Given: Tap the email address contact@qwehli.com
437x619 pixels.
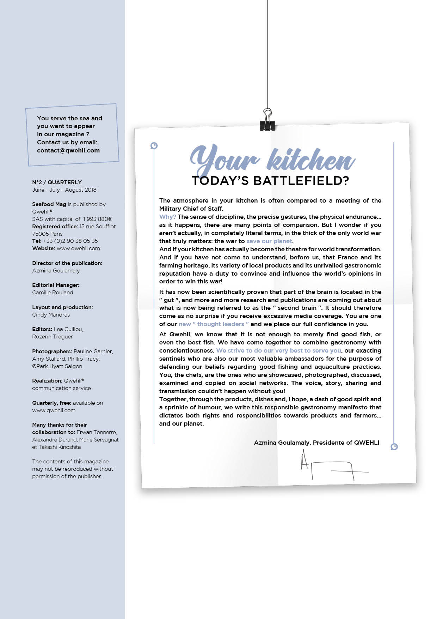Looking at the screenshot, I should (68, 150).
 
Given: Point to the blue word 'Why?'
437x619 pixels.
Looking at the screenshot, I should (167, 217).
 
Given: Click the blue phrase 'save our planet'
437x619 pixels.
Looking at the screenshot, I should (269, 241).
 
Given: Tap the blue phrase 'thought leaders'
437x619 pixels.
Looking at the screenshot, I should (221, 324).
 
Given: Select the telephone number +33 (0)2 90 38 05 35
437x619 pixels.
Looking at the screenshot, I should (70, 241).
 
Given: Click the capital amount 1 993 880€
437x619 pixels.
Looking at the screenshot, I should (98, 219).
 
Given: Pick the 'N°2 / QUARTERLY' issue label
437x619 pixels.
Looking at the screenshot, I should (57, 182).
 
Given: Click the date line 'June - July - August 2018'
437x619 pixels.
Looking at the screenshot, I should (64, 190).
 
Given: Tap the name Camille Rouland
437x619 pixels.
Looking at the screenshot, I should (53, 292).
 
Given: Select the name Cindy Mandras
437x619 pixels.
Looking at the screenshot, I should (51, 314).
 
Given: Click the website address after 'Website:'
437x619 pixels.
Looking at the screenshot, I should (78, 248).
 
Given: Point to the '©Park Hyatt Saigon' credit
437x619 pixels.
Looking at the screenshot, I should (57, 366).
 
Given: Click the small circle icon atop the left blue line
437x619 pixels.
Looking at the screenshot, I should (154, 145).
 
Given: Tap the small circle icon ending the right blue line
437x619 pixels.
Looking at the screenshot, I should (394, 447).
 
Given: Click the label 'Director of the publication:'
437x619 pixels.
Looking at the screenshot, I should (67, 263).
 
